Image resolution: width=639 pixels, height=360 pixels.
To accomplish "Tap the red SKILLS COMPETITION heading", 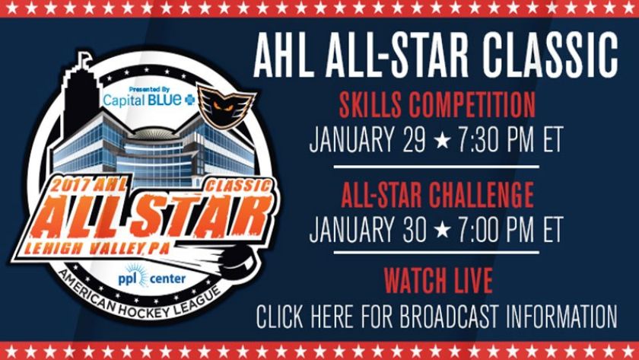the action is pyautogui.click(x=437, y=105).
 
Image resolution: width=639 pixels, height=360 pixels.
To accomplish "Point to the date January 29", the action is pyautogui.click(x=367, y=139).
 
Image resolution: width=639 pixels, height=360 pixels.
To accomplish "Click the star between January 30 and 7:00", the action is pyautogui.click(x=442, y=229).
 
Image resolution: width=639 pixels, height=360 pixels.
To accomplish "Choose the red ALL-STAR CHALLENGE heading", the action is pyautogui.click(x=437, y=195).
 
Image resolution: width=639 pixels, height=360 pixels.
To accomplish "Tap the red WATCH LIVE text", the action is pyautogui.click(x=438, y=281).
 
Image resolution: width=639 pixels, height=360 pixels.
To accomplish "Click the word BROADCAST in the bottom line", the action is pyautogui.click(x=449, y=317).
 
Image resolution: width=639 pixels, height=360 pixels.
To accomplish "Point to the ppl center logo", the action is pyautogui.click(x=151, y=277).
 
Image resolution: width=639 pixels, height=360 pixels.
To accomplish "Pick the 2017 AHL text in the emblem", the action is pyautogui.click(x=88, y=186).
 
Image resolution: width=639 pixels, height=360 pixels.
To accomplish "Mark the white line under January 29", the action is pyautogui.click(x=436, y=167).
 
